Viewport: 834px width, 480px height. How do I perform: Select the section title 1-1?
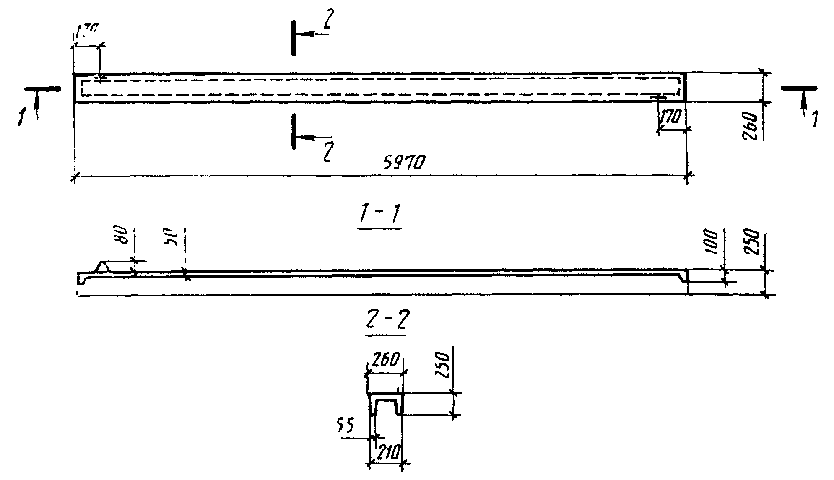coord(379,216)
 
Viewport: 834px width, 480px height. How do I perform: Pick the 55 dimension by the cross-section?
coord(345,425)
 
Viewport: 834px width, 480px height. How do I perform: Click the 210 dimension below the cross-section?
coord(388,452)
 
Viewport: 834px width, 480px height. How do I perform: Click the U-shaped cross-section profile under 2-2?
coord(385,405)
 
